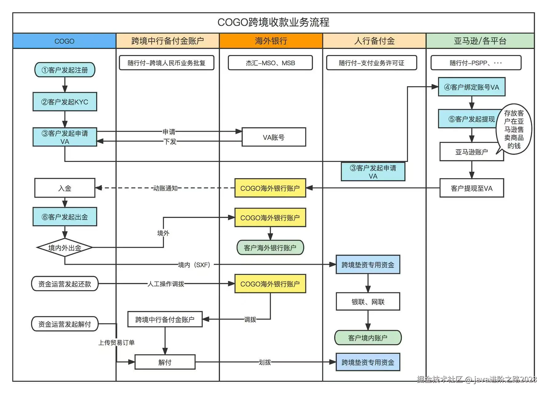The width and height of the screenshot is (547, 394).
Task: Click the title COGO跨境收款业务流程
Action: point(273,22)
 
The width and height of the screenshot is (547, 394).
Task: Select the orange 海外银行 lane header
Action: point(271,41)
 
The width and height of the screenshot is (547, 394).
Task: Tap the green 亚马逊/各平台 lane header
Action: point(480,41)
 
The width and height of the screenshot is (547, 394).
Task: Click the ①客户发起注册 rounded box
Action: point(65,70)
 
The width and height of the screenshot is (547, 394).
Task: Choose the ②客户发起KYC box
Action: point(65,102)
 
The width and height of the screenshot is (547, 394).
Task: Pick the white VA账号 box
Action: point(274,137)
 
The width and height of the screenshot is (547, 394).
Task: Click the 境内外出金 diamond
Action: point(65,247)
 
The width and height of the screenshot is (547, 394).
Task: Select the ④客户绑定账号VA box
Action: point(472,87)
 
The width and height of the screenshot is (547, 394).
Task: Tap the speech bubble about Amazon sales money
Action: point(513,129)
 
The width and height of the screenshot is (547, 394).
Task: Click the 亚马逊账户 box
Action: point(472,152)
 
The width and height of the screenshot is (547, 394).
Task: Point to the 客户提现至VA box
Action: point(472,188)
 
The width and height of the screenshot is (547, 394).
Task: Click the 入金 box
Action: point(65,188)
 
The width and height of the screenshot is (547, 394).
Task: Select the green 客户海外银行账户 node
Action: point(270,247)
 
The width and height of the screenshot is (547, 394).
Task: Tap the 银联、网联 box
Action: point(368,302)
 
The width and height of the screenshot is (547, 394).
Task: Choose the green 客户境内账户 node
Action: point(368,338)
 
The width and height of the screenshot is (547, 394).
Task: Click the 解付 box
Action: point(165,362)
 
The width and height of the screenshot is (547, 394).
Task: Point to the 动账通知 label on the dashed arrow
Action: point(166,188)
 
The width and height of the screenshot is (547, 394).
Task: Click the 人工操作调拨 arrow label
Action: point(166,284)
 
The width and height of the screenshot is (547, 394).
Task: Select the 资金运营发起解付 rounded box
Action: point(65,324)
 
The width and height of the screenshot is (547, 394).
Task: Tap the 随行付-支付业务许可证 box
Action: point(372,63)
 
